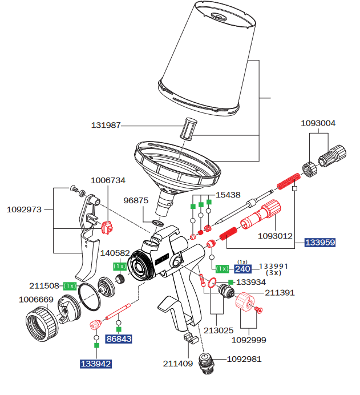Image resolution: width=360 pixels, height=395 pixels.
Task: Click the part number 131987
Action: coord(106,125)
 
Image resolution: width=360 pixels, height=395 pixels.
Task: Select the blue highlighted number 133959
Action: coord(319,242)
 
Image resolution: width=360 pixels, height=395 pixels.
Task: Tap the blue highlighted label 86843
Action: coord(119,339)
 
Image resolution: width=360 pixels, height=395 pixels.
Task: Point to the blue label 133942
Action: coord(95,364)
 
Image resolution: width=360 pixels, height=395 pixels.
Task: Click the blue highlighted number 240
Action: coord(243,269)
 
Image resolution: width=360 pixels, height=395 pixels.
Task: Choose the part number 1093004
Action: coord(318,123)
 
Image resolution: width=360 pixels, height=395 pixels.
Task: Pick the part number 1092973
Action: coord(24,209)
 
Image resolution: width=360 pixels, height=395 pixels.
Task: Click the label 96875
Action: coord(136,200)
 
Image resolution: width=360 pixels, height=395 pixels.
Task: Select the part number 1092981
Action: coord(245,359)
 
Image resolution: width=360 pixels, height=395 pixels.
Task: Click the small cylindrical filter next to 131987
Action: coord(188,128)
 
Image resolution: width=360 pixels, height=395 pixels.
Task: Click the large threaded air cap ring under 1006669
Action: coord(42,325)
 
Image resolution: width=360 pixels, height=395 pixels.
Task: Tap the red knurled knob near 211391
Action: coord(245,301)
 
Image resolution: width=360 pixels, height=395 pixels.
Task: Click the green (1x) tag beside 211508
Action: coord(70,285)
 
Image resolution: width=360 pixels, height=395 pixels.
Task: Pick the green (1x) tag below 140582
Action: coord(119,266)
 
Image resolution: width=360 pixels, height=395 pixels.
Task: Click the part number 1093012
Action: coord(275,235)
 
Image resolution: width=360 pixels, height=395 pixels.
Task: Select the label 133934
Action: coord(251,282)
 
